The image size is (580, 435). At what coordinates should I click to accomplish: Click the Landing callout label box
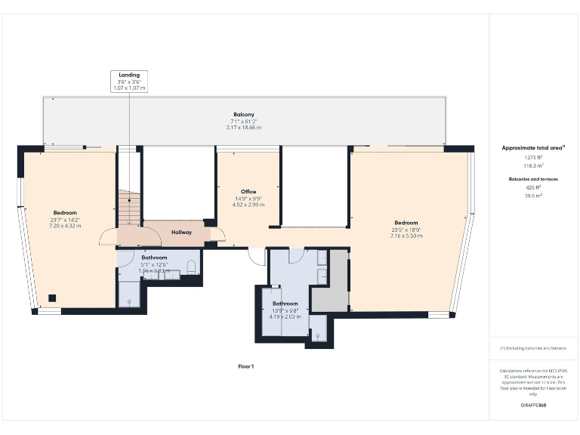(128, 81)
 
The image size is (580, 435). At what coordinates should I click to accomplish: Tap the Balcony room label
(243, 114)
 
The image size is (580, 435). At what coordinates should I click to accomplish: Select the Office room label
(248, 192)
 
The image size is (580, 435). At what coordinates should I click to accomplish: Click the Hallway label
(181, 233)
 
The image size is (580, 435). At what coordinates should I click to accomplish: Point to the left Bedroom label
(65, 213)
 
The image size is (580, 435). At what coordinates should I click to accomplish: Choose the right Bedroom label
(406, 222)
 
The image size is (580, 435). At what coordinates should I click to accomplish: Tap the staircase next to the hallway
(128, 208)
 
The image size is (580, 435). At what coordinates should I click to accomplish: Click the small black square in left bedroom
(52, 298)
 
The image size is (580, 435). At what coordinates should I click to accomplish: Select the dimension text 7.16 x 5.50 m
(406, 236)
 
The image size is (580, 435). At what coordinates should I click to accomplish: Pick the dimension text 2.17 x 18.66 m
(243, 128)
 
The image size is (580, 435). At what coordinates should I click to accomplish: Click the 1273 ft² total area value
(534, 157)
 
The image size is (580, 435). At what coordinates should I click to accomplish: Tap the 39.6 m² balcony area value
(534, 195)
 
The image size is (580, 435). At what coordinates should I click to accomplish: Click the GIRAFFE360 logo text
(533, 406)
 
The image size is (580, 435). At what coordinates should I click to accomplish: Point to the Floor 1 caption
(246, 366)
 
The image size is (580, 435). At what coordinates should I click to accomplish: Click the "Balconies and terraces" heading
(533, 178)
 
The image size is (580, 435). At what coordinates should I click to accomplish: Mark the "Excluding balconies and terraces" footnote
(533, 348)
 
